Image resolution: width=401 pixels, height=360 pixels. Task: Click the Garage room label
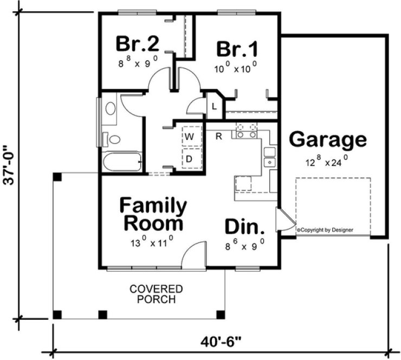(327, 140)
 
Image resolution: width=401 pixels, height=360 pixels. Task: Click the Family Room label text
(153, 214)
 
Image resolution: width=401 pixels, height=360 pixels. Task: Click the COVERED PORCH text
(156, 294)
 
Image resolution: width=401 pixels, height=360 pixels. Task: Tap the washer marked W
(190, 137)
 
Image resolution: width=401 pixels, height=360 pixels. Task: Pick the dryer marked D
(190, 159)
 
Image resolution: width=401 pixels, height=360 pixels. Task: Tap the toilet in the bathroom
(112, 139)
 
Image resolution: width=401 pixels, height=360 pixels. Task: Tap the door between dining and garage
(284, 221)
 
